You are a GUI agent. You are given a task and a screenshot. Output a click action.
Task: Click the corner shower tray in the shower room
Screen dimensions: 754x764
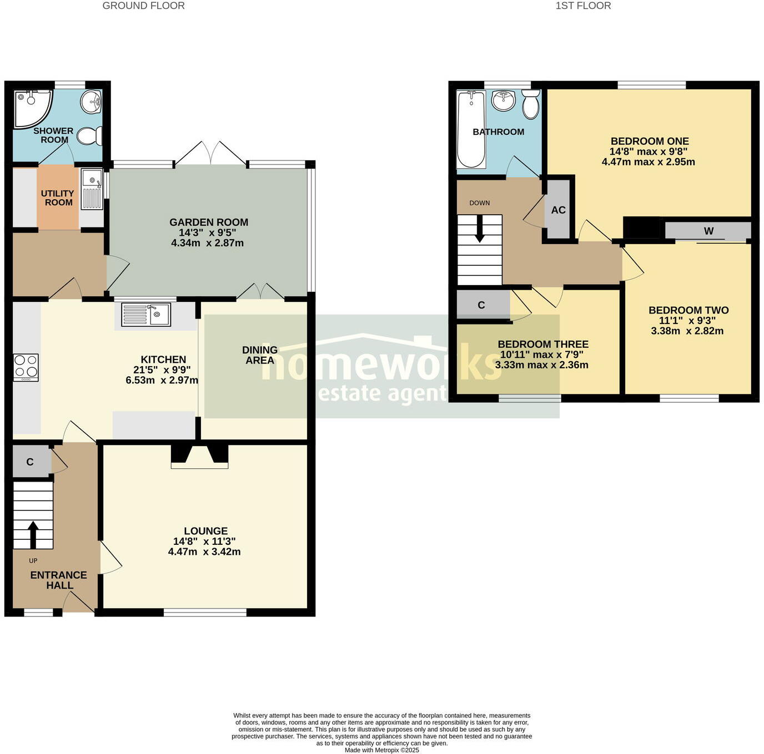pyautogui.click(x=31, y=107)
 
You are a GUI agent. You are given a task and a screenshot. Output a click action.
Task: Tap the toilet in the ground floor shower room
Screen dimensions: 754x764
pyautogui.click(x=89, y=135)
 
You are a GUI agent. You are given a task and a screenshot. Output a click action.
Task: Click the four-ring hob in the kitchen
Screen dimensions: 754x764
pyautogui.click(x=26, y=367)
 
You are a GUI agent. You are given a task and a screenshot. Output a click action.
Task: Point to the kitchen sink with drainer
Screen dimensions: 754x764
pyautogui.click(x=146, y=315)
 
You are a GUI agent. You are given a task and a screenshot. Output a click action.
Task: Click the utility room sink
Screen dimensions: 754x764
pyautogui.click(x=92, y=189)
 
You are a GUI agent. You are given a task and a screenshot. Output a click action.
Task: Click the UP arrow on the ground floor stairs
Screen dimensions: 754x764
pyautogui.click(x=33, y=534)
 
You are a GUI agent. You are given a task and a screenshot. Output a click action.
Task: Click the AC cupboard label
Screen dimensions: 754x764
pyautogui.click(x=558, y=210)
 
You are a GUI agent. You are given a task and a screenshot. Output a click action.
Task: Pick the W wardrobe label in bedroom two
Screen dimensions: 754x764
pyautogui.click(x=708, y=231)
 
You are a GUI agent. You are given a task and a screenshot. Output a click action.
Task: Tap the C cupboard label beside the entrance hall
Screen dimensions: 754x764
pyautogui.click(x=30, y=462)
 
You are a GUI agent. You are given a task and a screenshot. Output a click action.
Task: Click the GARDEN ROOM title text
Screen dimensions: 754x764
pyautogui.click(x=209, y=222)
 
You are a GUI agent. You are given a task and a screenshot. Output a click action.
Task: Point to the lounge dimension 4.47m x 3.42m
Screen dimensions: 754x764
pyautogui.click(x=204, y=552)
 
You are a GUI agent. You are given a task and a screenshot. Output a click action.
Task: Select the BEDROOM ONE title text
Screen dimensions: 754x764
pyautogui.click(x=650, y=141)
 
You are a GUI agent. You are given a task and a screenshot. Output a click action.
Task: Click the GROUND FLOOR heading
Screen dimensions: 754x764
pyautogui.click(x=143, y=6)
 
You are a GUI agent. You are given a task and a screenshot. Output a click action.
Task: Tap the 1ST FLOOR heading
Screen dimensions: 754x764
pyautogui.click(x=583, y=6)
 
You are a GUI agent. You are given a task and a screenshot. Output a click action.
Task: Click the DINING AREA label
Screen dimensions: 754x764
pyautogui.click(x=260, y=355)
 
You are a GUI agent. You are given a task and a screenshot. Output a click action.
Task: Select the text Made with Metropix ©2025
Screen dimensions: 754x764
pyautogui.click(x=382, y=750)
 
